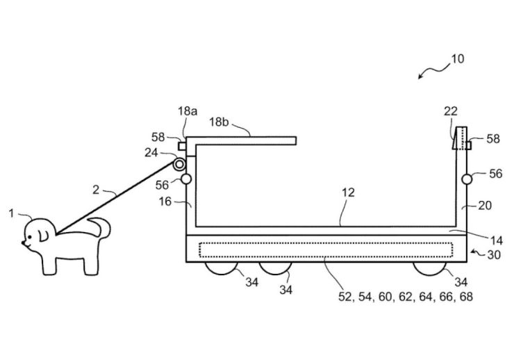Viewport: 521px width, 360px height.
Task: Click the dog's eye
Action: tap(30, 237)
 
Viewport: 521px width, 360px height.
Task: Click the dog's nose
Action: tap(23, 243)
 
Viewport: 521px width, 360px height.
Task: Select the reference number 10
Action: tap(458, 59)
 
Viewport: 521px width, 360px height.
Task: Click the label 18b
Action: tap(219, 122)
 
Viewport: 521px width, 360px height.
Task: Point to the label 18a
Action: tap(188, 111)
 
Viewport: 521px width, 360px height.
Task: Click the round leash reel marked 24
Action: tap(179, 164)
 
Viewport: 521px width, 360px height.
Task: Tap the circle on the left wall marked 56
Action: tap(186, 179)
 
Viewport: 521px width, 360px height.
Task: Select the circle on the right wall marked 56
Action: tap(467, 179)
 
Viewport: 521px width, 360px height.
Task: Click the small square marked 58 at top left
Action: tap(182, 146)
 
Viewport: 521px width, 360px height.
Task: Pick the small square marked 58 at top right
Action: tap(469, 145)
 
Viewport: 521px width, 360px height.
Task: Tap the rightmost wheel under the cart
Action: tap(429, 268)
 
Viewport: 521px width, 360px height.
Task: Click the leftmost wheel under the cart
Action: tap(222, 268)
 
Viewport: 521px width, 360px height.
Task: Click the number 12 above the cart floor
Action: tap(348, 193)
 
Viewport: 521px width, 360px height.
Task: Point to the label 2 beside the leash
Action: tap(96, 190)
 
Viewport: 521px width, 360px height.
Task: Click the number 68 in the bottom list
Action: tap(466, 297)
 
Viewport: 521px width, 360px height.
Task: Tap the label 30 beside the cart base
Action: tap(494, 255)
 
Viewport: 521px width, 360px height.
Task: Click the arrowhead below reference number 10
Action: tap(420, 76)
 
